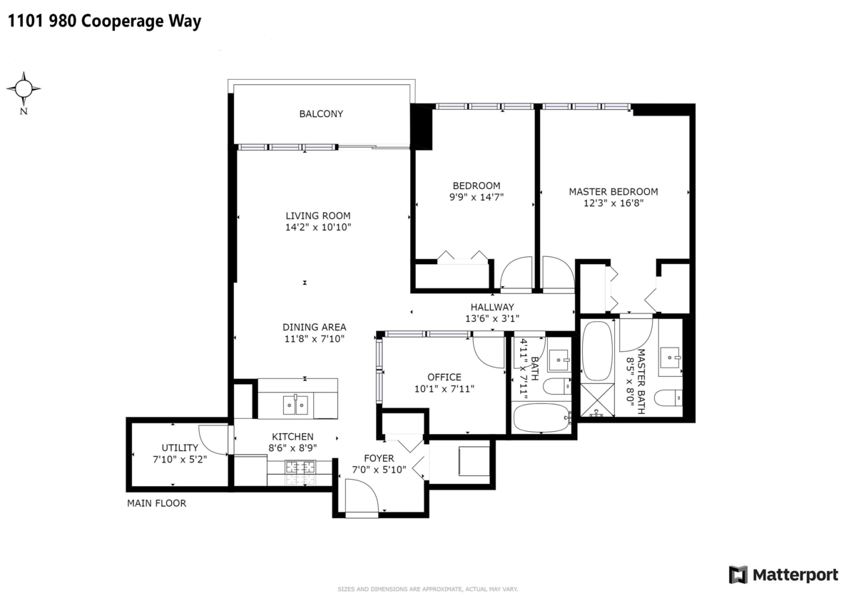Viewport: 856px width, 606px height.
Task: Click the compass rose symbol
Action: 24,89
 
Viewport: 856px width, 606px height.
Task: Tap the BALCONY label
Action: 321,114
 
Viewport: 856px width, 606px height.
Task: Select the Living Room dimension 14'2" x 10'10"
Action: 318,228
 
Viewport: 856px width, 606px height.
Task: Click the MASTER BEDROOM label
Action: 613,192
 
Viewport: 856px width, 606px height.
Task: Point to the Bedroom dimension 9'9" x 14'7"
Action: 477,197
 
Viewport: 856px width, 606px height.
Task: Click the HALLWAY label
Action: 492,307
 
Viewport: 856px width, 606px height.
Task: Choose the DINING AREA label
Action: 314,328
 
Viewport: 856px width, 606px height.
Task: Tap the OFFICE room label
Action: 444,378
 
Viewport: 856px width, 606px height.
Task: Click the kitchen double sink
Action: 295,405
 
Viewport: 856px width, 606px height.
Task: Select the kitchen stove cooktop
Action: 300,473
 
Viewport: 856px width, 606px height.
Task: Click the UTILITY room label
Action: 180,448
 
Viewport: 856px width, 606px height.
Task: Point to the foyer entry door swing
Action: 362,495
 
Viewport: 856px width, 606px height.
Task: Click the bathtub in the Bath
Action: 541,418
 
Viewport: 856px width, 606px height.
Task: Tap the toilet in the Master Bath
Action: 668,398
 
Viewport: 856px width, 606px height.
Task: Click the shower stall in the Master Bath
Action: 597,400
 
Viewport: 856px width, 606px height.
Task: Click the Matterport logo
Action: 783,575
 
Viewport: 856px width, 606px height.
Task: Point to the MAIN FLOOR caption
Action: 157,503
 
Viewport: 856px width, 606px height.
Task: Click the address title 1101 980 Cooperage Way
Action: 104,21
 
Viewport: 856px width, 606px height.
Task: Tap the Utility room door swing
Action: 213,440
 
